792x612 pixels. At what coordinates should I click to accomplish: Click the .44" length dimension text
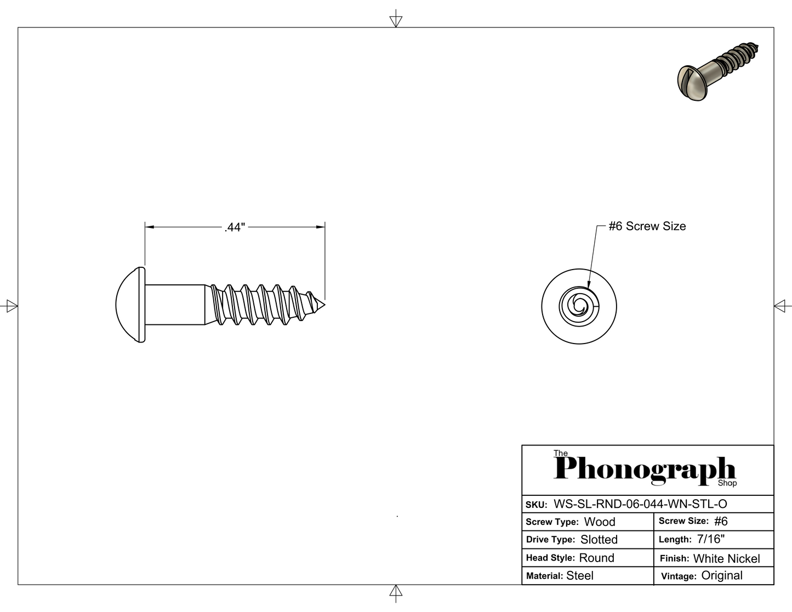235,227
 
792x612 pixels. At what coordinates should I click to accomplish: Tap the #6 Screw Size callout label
647,226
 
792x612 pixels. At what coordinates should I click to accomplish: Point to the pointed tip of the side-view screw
323,305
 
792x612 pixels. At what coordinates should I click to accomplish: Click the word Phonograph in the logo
644,469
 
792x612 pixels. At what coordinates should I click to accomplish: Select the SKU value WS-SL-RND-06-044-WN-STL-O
640,504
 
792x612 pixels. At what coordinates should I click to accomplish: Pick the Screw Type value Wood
600,522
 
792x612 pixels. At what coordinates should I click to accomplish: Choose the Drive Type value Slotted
599,540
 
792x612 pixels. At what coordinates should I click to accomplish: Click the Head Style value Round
596,558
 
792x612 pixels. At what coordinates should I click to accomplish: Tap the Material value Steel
580,576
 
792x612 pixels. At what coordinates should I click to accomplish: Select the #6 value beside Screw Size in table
721,522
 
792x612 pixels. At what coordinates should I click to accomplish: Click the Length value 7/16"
711,539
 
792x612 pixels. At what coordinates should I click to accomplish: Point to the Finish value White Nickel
726,559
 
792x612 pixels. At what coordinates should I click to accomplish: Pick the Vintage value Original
722,576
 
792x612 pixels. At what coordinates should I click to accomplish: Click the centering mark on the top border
396,21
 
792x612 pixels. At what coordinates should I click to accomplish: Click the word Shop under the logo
727,483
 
